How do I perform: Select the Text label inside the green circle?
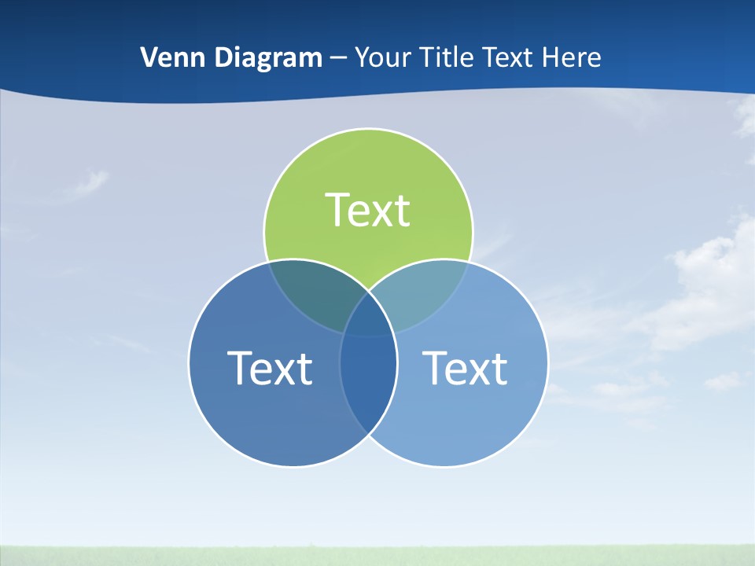tap(368, 210)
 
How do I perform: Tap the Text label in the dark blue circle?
tap(270, 368)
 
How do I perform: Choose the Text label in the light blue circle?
tap(465, 368)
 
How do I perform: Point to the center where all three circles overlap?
tap(368, 318)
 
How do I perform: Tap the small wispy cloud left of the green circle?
tap(88, 186)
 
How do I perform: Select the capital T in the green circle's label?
tap(337, 210)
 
